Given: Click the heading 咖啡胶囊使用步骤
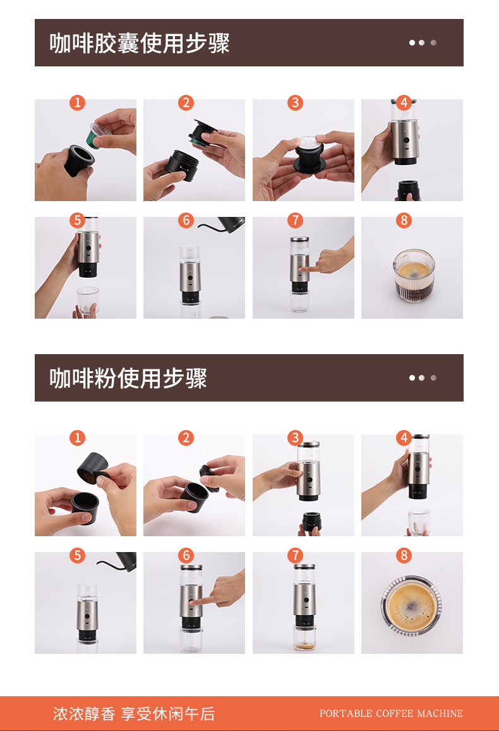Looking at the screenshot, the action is click(x=139, y=44).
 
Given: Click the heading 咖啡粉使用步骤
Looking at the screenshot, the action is click(x=128, y=378).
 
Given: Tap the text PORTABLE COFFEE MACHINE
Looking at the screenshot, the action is click(x=391, y=713).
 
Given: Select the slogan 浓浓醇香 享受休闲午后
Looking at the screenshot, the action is click(x=134, y=713).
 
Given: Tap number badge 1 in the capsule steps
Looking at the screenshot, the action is click(x=77, y=102).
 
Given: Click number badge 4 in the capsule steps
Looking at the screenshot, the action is click(x=404, y=102).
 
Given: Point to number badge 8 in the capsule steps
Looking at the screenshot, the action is click(x=404, y=220).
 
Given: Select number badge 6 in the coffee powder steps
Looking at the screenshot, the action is click(x=186, y=555).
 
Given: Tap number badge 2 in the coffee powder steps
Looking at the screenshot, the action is click(x=186, y=438).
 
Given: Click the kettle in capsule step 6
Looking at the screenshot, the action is click(x=228, y=224).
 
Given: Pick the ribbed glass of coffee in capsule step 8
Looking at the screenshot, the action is click(x=413, y=276).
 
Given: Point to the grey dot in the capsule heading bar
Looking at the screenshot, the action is click(x=433, y=43).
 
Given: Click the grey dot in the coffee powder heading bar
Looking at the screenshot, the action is click(x=433, y=378).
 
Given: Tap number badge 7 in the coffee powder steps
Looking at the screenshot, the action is click(x=295, y=555).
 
